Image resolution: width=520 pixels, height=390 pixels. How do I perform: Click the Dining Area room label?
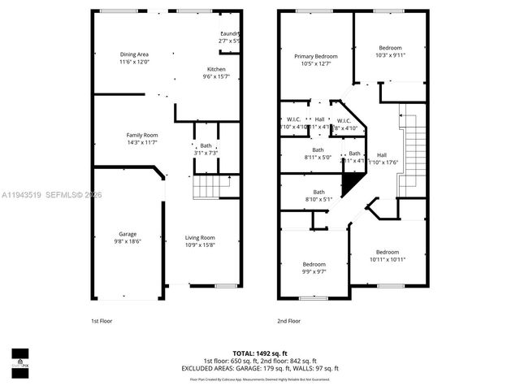[x=134, y=54]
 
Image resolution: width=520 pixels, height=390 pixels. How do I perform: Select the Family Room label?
[x=141, y=135]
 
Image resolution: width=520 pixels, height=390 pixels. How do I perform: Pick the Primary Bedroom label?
[x=315, y=56]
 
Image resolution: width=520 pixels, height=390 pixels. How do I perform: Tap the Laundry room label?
[x=229, y=33]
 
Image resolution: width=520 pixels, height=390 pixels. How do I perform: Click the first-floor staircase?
[x=210, y=189]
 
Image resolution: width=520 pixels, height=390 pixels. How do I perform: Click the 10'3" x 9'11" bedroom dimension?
[x=391, y=55]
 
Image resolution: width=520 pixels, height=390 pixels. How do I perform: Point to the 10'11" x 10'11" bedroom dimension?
[x=387, y=259]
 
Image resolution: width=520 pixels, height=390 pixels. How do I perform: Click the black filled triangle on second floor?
[x=349, y=186]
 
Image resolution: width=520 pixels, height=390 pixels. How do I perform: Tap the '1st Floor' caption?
[x=101, y=321]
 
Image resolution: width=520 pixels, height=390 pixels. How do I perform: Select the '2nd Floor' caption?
[x=288, y=321]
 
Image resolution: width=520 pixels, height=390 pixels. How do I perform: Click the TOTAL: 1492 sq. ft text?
[x=259, y=353]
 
